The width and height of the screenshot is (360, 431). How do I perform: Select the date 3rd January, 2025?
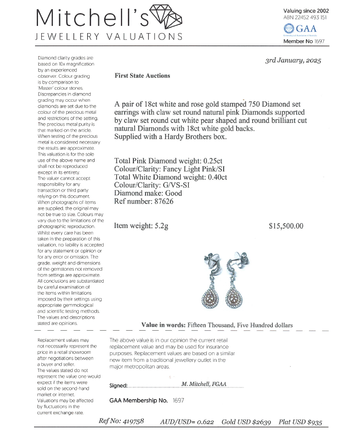coord(293,60)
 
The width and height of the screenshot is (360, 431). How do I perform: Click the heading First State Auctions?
coord(142,76)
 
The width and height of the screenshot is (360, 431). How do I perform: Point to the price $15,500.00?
coord(286,226)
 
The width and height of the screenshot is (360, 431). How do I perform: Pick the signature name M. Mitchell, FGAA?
coord(204,384)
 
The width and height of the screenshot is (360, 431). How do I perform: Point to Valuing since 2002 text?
coord(306,11)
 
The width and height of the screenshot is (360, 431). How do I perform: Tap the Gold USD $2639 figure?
coord(246,421)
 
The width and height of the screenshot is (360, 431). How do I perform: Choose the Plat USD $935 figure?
coord(300,421)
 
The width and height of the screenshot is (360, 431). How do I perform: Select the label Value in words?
coord(163,325)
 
